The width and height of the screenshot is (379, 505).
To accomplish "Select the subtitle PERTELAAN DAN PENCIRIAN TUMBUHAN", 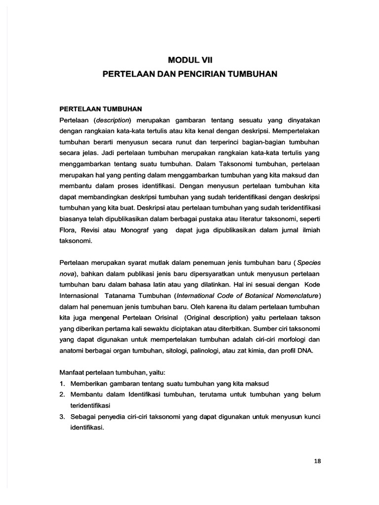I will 190,74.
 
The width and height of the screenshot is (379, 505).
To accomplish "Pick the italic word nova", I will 67,274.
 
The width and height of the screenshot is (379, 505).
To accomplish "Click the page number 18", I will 317,461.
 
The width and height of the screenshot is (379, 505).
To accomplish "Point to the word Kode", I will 312,285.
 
